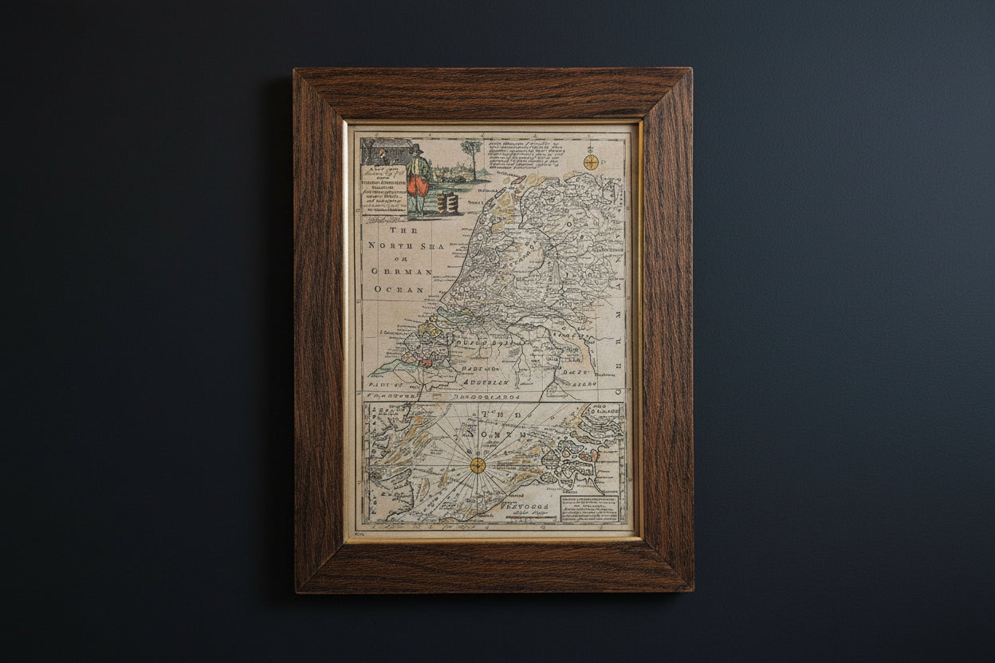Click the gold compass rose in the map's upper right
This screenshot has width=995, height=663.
(590, 162)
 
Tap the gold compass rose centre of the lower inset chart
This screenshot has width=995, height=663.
(477, 465)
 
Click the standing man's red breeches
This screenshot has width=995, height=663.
(418, 186)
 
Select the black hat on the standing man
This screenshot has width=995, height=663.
(415, 149)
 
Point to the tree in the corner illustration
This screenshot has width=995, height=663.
(472, 154)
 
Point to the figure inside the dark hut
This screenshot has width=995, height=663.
(382, 155)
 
